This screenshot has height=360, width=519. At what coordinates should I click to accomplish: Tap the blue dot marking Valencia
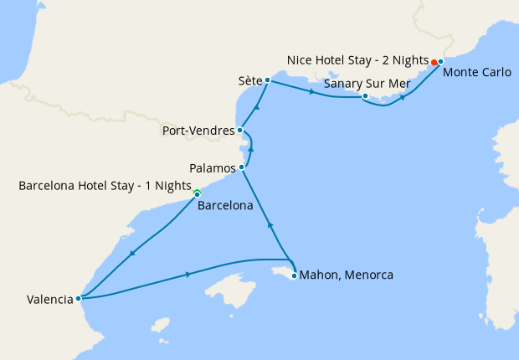point(78,297)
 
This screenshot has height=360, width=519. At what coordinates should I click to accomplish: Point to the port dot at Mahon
point(294,275)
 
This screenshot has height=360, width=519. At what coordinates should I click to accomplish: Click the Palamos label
point(213,168)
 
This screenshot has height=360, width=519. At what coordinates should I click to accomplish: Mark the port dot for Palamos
point(242,167)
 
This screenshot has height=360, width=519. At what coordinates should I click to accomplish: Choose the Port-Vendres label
point(198,131)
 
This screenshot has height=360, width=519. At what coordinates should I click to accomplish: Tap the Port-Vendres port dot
point(240,130)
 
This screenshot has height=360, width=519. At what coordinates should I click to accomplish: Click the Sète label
point(249,82)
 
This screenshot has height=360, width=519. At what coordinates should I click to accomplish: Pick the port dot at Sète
point(266,81)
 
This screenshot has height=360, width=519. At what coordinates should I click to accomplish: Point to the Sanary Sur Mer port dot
point(365,96)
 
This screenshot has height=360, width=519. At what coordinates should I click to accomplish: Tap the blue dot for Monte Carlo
point(440,62)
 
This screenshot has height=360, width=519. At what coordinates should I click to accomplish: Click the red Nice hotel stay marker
point(434,63)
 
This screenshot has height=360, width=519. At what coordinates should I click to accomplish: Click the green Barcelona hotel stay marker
point(197,193)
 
